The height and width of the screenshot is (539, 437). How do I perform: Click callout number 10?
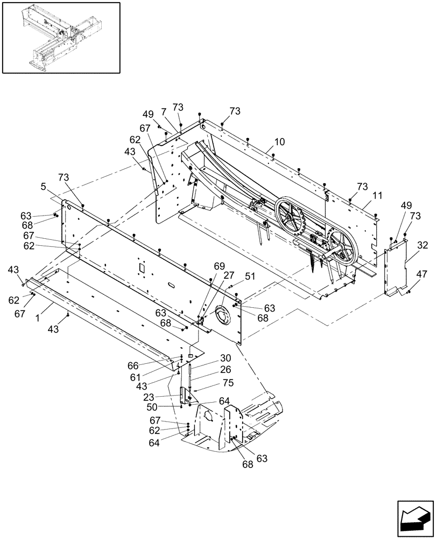click(280, 142)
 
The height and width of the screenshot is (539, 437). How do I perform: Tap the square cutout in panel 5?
click(142, 268)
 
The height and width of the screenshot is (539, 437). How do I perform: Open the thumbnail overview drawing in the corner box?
click(61, 37)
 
